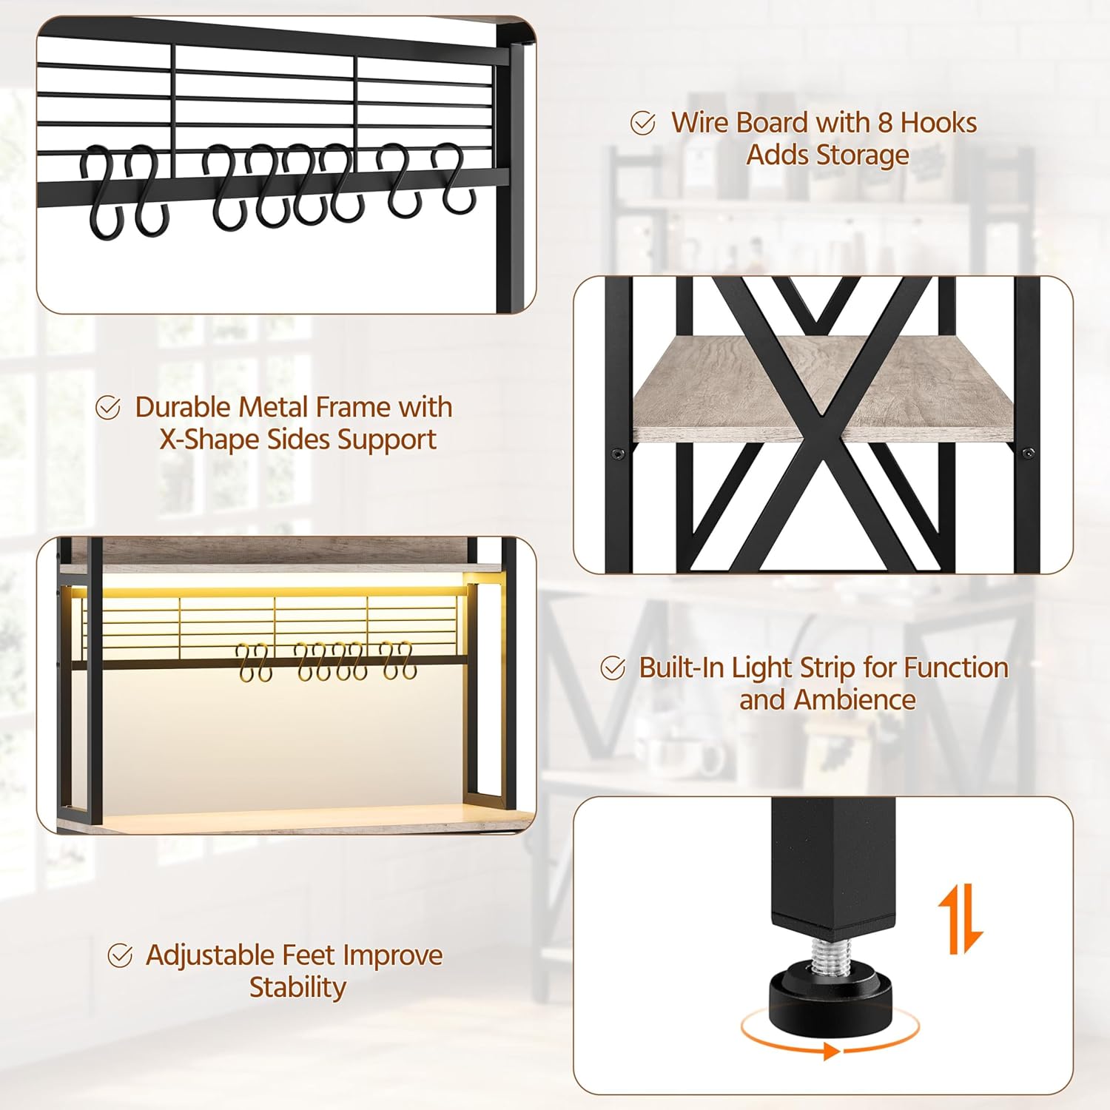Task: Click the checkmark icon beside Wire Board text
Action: [642, 123]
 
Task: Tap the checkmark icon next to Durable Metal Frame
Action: [108, 407]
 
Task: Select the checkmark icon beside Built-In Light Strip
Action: [613, 668]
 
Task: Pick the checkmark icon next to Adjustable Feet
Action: [120, 955]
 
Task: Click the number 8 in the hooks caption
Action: [885, 123]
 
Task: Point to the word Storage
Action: [865, 155]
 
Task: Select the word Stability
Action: [297, 988]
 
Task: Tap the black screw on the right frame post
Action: [1027, 452]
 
